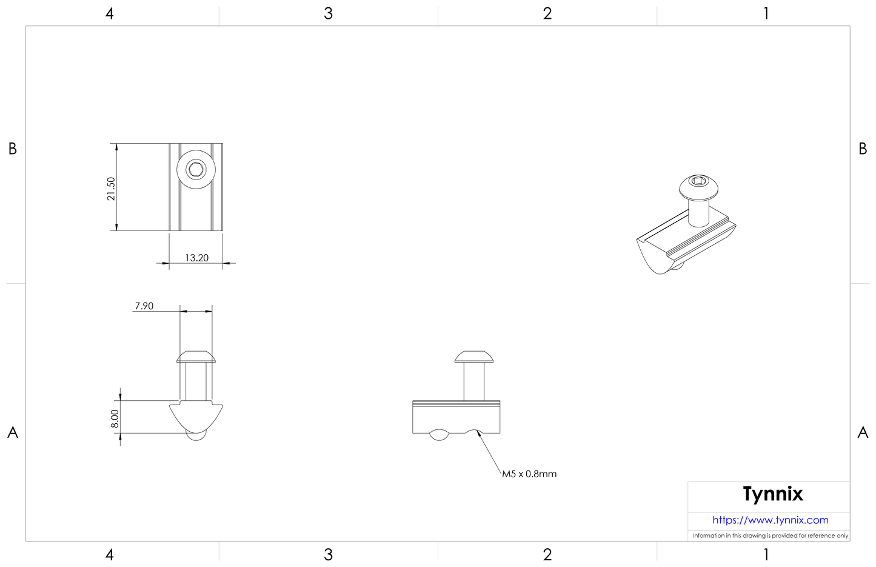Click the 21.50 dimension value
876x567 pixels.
point(110,189)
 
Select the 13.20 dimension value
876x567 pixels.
point(196,258)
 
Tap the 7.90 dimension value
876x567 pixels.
point(144,306)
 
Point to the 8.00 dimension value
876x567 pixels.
point(115,418)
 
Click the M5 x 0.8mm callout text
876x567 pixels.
point(529,474)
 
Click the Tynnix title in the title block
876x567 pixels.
point(772,494)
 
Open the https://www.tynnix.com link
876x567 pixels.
point(770,520)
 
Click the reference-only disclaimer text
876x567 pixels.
point(770,535)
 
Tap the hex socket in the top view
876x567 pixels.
point(196,169)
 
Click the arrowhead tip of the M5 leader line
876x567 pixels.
point(478,432)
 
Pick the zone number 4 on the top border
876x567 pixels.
point(109,13)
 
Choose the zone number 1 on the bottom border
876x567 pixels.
point(766,554)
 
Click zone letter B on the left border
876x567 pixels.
point(12,149)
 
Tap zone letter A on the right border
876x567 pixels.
point(863,432)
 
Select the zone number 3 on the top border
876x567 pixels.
point(328,13)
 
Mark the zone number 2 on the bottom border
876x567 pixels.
point(547,554)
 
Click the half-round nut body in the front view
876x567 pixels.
point(195,416)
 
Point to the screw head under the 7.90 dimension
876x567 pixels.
point(196,357)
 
